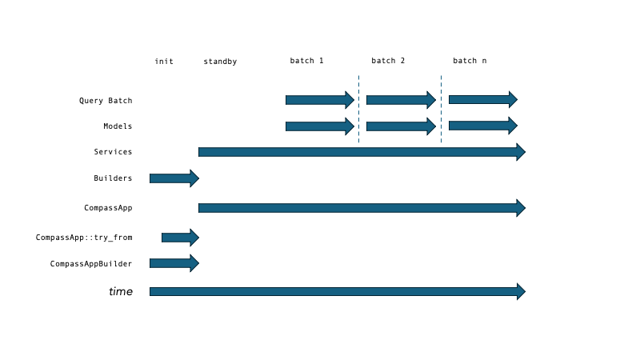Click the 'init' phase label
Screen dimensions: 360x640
[x=164, y=62]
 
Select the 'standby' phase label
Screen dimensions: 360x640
[x=220, y=62]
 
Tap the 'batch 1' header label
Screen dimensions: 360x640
[x=306, y=61]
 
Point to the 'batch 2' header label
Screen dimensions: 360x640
[x=388, y=61]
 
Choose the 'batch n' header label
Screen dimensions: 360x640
[x=470, y=61]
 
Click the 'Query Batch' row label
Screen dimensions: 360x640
[x=106, y=101]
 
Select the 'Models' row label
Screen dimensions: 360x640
[x=118, y=126]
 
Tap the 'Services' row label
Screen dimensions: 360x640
[x=113, y=152]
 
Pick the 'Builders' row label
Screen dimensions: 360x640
[x=113, y=178]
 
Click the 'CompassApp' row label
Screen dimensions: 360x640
[x=108, y=208]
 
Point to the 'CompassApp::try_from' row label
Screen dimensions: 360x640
[x=84, y=238]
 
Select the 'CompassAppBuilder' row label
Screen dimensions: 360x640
[x=91, y=263]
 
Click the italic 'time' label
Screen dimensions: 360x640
[x=121, y=292]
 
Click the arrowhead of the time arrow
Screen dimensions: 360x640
[x=521, y=291]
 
